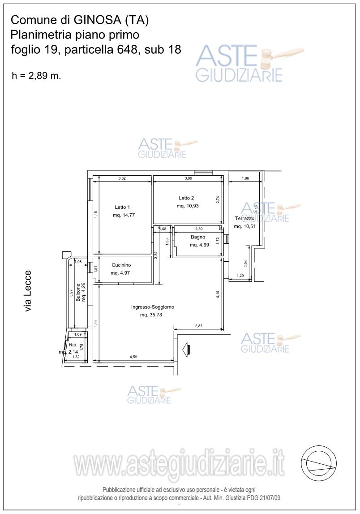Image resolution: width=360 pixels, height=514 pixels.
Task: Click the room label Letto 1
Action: point(122,207)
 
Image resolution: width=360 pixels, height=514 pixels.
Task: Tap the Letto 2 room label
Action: point(186,198)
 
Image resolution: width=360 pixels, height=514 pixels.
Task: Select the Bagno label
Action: point(198,237)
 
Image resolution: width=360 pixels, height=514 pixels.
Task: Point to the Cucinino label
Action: point(121,265)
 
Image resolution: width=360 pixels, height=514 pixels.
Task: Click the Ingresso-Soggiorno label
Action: point(153,307)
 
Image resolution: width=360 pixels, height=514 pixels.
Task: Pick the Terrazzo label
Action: point(244,218)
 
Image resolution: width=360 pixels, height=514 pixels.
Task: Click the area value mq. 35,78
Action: point(151,315)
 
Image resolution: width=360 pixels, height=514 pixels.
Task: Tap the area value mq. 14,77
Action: point(124,216)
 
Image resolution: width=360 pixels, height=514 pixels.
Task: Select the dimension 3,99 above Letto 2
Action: point(189,178)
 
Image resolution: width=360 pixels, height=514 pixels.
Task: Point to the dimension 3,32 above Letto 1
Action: point(122,178)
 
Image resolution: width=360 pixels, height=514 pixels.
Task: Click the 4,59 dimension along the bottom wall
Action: point(133,357)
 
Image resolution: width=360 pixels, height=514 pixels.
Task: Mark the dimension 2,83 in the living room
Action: point(198,326)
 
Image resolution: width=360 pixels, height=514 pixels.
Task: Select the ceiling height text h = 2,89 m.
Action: point(36,76)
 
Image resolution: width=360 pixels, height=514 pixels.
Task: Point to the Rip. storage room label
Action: point(73,345)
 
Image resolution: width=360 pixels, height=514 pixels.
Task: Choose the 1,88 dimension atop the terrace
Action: point(245,178)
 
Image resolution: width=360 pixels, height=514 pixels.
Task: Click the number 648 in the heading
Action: point(124,49)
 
